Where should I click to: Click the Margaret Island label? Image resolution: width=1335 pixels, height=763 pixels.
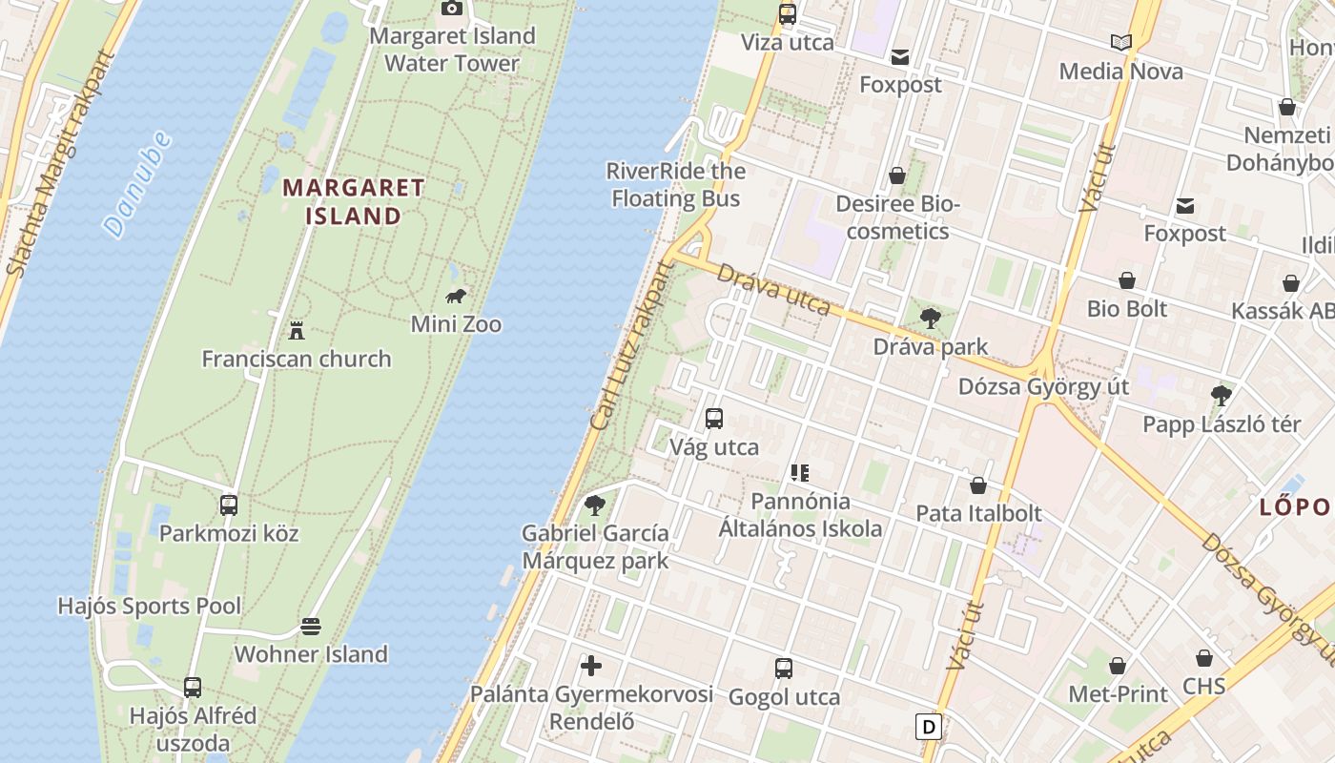point(354,201)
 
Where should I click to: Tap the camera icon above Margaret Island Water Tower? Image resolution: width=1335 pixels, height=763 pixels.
point(452,9)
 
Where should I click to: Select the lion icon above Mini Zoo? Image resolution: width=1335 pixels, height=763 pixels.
point(456,296)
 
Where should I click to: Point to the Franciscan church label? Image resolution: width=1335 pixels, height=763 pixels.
point(297,359)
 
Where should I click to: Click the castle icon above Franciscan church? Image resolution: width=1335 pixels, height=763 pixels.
point(297,331)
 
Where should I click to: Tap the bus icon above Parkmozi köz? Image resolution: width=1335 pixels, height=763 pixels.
point(229,505)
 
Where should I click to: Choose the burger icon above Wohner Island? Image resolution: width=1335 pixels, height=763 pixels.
point(311,627)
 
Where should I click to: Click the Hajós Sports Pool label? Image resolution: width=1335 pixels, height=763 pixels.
point(150,606)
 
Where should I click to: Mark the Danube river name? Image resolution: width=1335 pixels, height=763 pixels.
point(137,184)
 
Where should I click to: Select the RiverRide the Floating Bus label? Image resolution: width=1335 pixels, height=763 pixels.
point(676,185)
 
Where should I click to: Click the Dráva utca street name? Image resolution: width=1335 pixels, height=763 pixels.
point(773,288)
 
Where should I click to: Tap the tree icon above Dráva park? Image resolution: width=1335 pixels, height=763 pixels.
point(931,319)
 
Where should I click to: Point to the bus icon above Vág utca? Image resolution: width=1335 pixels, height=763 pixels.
point(714,419)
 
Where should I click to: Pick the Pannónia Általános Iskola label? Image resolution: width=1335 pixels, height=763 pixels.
point(800,514)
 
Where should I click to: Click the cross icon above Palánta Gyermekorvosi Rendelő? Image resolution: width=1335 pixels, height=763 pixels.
point(591,666)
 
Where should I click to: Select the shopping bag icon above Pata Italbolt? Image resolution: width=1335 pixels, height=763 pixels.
point(978,486)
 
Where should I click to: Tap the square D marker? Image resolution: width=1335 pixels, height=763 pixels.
point(928,727)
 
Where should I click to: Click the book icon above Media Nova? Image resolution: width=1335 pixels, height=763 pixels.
point(1121,43)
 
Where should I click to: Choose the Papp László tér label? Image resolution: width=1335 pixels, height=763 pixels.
point(1222,424)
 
